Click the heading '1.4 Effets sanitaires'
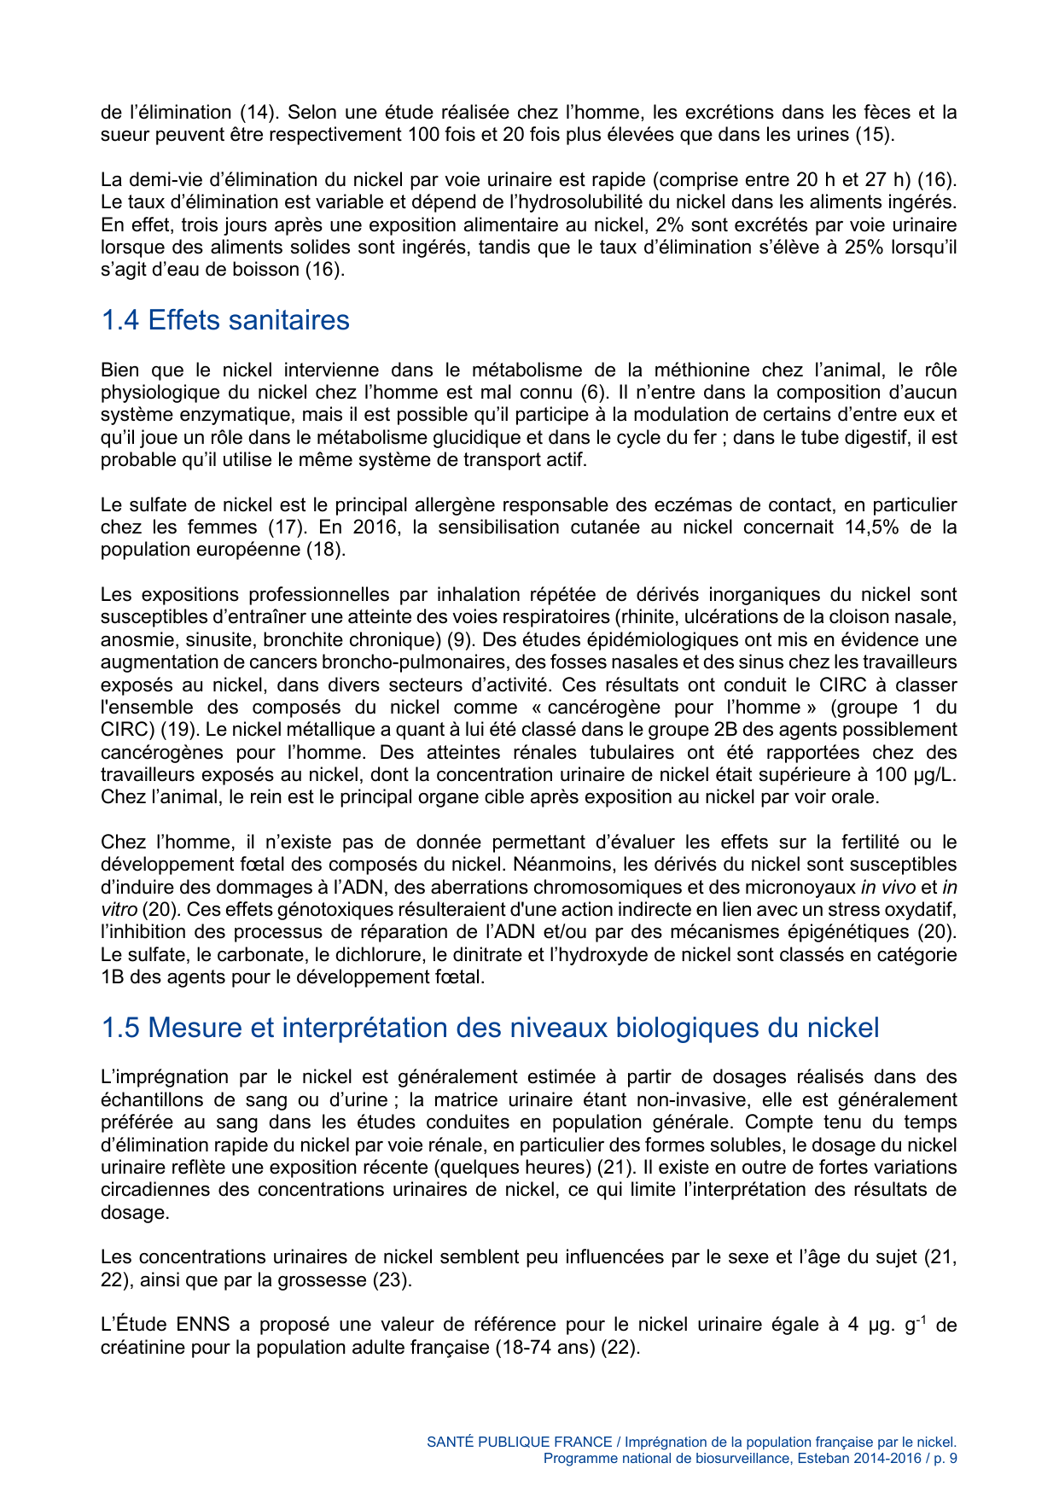click(225, 320)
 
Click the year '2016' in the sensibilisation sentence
click(375, 527)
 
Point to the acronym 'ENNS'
click(203, 1325)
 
